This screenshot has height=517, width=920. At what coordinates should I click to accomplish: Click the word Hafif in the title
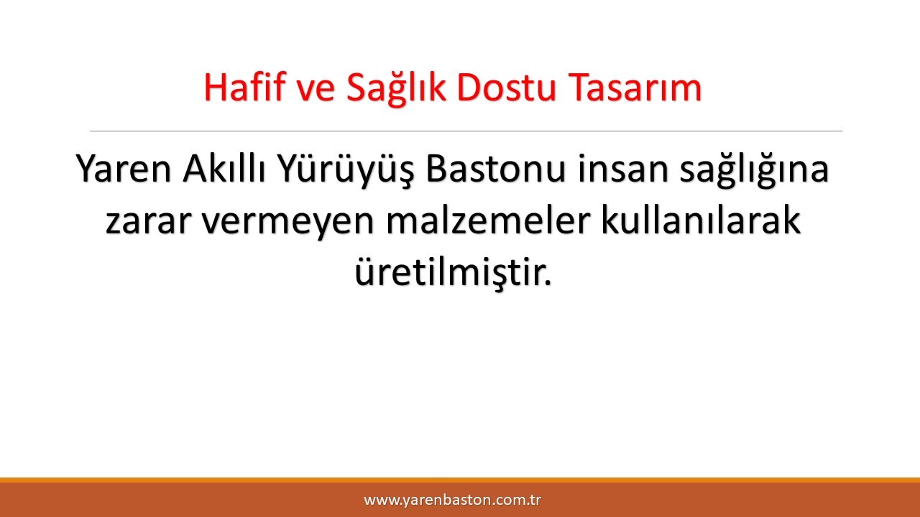244,87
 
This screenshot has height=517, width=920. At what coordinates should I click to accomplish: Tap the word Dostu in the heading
507,87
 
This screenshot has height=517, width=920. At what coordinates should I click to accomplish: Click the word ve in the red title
316,91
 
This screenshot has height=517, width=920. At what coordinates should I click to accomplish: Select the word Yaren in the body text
123,168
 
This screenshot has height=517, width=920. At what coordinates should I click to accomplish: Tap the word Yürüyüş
344,171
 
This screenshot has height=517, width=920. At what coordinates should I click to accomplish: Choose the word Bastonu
495,168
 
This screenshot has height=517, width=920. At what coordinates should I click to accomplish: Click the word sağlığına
754,171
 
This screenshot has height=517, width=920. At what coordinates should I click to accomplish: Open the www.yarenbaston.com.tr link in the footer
452,500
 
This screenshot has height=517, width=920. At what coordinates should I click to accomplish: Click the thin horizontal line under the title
466,131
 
